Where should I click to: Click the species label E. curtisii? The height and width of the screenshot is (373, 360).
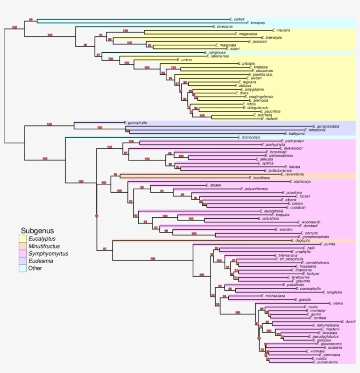238,19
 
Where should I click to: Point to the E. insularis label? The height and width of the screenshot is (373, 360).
281,30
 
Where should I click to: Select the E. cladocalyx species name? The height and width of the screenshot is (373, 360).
300,181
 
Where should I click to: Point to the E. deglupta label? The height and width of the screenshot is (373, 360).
300,241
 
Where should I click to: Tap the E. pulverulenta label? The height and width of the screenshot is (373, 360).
325,362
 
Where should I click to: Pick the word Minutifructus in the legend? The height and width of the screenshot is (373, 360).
44,246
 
